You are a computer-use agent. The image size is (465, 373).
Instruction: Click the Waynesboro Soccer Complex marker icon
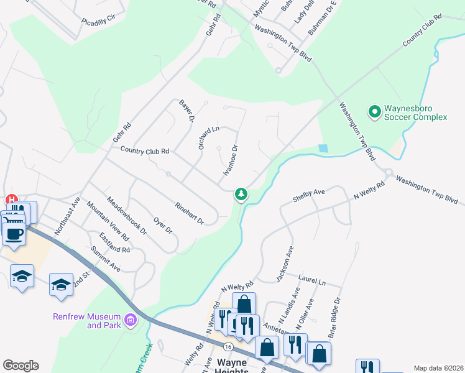pyautogui.click(x=374, y=112)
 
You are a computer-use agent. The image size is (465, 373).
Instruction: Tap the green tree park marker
pyautogui.click(x=241, y=195)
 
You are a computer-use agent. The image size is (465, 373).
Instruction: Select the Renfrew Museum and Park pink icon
pyautogui.click(x=131, y=321)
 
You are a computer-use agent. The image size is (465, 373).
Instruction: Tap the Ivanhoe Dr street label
pyautogui.click(x=231, y=159)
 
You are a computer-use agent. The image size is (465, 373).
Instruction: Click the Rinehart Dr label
pyautogui.click(x=190, y=212)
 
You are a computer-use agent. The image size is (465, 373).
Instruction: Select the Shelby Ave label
pyautogui.click(x=309, y=196)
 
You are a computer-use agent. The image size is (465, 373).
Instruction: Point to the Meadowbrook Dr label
pyautogui.click(x=126, y=215)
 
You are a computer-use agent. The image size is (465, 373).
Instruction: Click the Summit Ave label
pyautogui.click(x=106, y=259)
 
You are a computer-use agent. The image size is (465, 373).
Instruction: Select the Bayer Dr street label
pyautogui.click(x=186, y=110)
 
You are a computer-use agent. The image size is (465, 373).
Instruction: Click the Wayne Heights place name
pyautogui.click(x=231, y=367)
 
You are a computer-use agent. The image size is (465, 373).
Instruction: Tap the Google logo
pyautogui.click(x=21, y=366)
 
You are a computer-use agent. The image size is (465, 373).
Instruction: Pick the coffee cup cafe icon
pyautogui.click(x=14, y=234)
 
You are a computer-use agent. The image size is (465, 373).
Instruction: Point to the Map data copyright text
pyautogui.click(x=438, y=368)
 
